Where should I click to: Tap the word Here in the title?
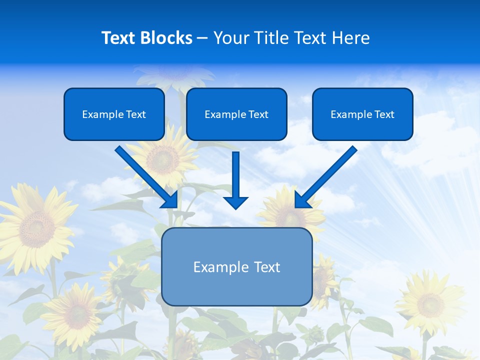pos(351,38)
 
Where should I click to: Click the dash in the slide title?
pos(202,38)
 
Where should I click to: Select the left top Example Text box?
pos(114,114)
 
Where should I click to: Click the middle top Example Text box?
pos(236,114)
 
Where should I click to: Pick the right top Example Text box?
pos(362,114)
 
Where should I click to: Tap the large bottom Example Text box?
pos(236,266)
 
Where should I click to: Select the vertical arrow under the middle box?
pos(236,180)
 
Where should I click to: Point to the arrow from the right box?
pos(327,175)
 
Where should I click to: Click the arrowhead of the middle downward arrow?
pos(236,202)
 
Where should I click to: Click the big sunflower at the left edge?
pos(35,227)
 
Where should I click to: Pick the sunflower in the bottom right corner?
pos(430,302)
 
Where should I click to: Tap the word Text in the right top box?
pos(384,114)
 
